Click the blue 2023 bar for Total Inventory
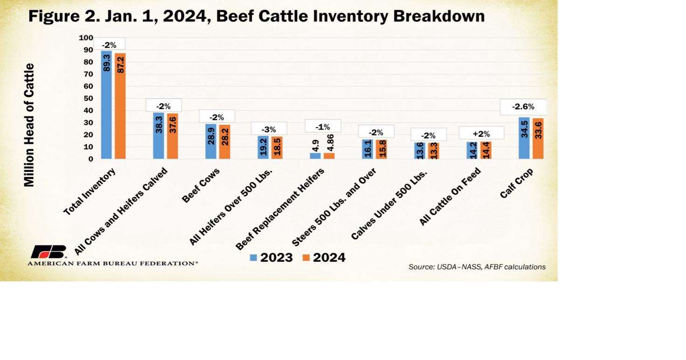pos(106,105)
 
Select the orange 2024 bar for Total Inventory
pos(120,106)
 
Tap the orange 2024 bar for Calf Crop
pos(538,138)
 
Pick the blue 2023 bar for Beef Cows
pos(211,141)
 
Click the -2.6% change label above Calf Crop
pos(523,107)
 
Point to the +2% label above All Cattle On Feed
pos(481,134)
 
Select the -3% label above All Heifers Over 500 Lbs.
pos(269,129)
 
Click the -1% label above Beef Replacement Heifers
pos(322,127)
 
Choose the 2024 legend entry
pos(324,258)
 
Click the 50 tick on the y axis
pos(88,98)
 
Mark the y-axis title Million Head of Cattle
pos(29,125)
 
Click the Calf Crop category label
pos(516,183)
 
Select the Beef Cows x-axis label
pos(201,185)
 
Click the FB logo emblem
pos(48,252)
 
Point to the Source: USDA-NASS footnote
pos(477,267)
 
